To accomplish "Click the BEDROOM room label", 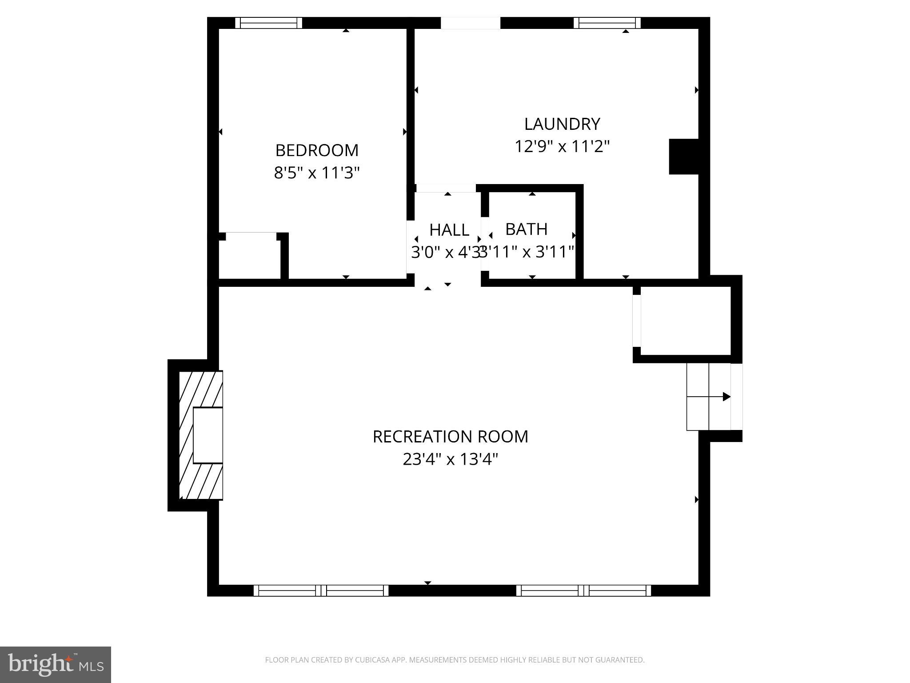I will [x=317, y=150].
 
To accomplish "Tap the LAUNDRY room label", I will [x=562, y=124].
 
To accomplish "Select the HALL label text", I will [x=449, y=230].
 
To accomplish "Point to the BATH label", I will [x=526, y=229].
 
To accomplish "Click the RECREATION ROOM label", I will [x=450, y=437].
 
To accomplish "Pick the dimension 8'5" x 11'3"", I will [x=317, y=173].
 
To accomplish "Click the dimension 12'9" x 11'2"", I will [x=562, y=146].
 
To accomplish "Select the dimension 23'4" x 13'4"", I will [x=450, y=459].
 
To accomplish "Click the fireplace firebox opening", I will [x=208, y=435].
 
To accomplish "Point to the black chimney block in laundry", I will [x=684, y=157].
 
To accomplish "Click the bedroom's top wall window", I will [x=268, y=23].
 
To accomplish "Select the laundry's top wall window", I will [x=607, y=23].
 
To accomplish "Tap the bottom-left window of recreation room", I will [x=321, y=591].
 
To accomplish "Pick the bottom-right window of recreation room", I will [x=583, y=591].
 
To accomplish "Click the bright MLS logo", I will [x=56, y=664].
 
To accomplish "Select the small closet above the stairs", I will [x=686, y=321].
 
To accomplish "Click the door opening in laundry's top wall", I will [x=470, y=23].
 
